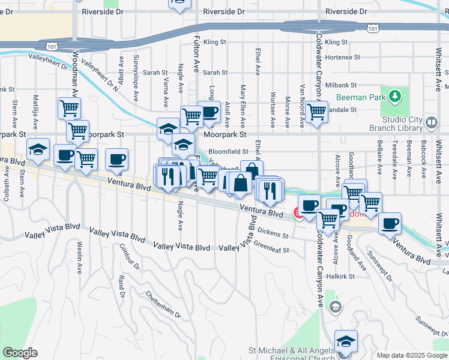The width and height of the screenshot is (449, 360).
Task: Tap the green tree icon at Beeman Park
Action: click(x=394, y=96)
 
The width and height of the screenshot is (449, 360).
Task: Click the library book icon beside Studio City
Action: click(x=431, y=124)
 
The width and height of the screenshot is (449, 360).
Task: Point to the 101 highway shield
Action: click(x=373, y=28)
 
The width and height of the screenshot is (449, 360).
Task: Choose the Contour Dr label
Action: click(x=128, y=256)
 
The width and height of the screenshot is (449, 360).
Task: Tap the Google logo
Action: click(x=20, y=353)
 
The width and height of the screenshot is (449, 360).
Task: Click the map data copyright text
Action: click(x=412, y=355)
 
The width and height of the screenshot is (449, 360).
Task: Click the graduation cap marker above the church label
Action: click(x=346, y=341)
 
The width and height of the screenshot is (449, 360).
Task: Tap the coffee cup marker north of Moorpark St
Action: click(x=209, y=112)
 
